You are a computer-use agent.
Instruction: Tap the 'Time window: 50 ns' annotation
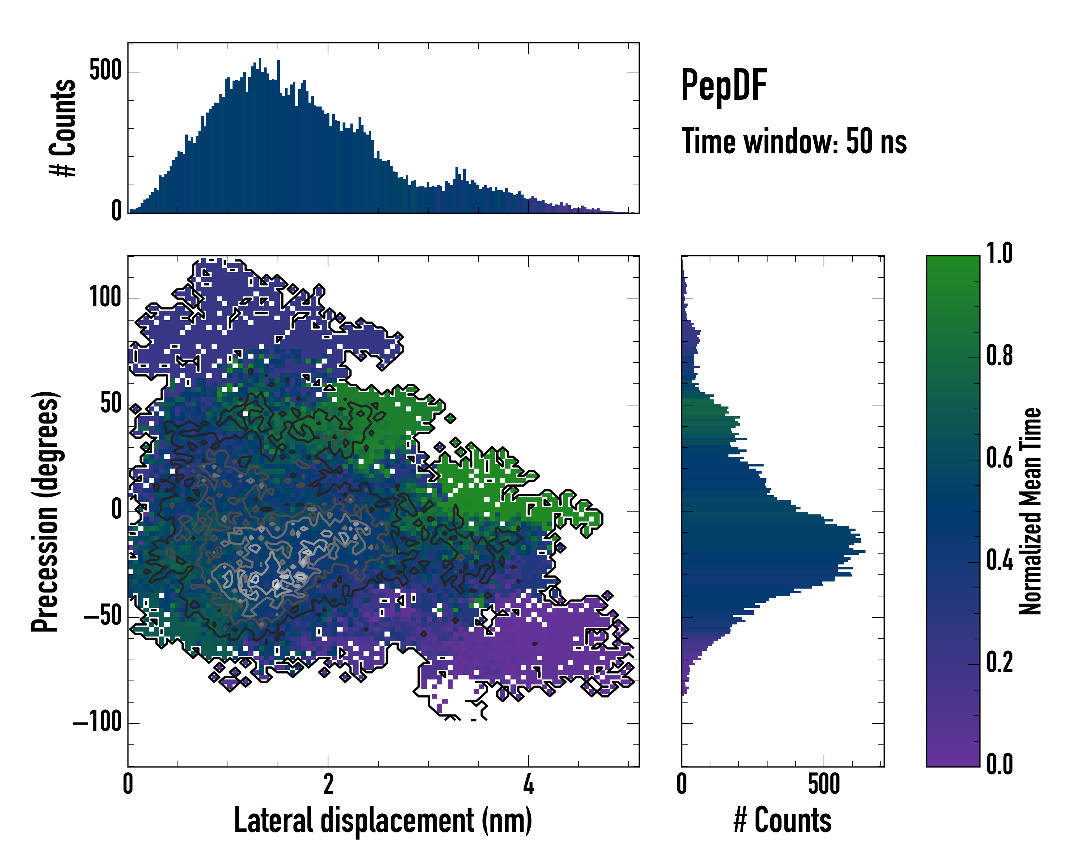[x=794, y=141]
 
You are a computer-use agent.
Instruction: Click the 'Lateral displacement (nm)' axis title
[x=383, y=821]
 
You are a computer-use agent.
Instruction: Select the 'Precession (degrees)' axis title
[x=45, y=511]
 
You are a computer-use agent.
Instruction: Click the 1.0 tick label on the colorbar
[x=999, y=254]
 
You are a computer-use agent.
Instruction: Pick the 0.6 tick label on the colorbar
[x=999, y=458]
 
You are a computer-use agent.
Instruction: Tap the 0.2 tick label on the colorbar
[x=999, y=662]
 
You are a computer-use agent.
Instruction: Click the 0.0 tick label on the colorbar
[x=999, y=764]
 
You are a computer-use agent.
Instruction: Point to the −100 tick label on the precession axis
[x=97, y=722]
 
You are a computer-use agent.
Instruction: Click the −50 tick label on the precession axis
[x=103, y=616]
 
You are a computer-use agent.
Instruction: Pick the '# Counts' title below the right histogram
[x=782, y=821]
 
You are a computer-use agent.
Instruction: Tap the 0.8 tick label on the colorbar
[x=999, y=356]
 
